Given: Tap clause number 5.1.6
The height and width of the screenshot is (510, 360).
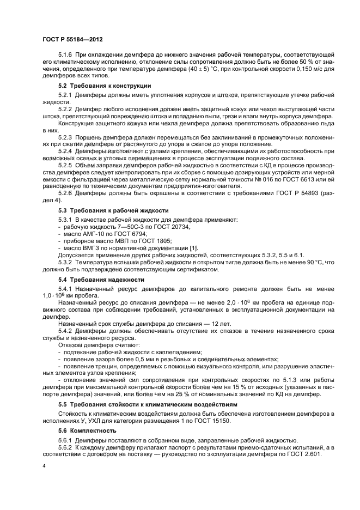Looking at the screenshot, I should point(66,56).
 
